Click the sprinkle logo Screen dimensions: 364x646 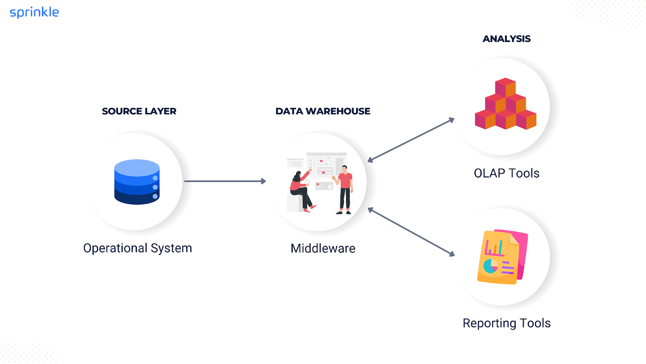[34, 13]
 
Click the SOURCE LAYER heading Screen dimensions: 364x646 [139, 111]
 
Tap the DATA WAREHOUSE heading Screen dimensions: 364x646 [323, 111]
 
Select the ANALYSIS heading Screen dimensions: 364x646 [506, 39]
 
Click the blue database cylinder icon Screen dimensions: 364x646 [137, 182]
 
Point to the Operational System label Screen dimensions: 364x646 [137, 248]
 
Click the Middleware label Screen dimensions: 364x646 [323, 248]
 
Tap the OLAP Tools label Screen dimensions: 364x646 [506, 173]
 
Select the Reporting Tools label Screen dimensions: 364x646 [506, 323]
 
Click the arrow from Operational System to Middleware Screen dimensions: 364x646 [224, 181]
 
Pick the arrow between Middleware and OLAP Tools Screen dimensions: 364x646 [411, 140]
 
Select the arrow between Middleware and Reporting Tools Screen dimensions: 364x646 [411, 232]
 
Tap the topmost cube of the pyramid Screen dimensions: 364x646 [505, 87]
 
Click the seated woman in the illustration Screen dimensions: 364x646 [300, 190]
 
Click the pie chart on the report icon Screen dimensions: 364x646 [491, 266]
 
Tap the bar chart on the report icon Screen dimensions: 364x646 [494, 247]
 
